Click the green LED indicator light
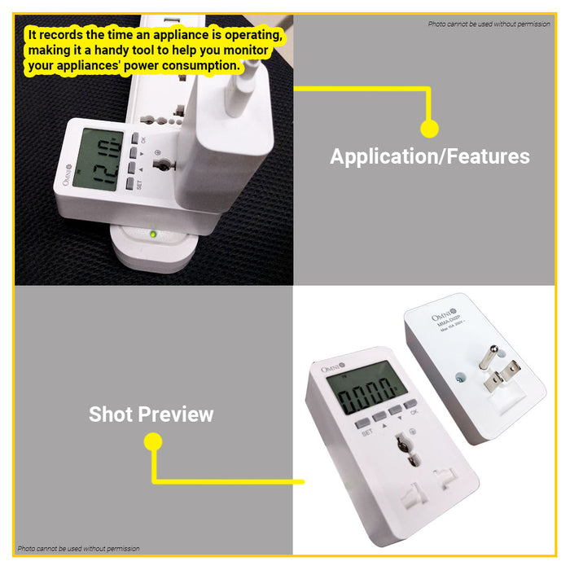click(152, 235)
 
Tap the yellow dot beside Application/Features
click(429, 128)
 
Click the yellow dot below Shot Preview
click(153, 442)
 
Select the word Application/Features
click(429, 156)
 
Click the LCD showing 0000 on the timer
click(367, 398)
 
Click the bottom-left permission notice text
click(78, 549)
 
